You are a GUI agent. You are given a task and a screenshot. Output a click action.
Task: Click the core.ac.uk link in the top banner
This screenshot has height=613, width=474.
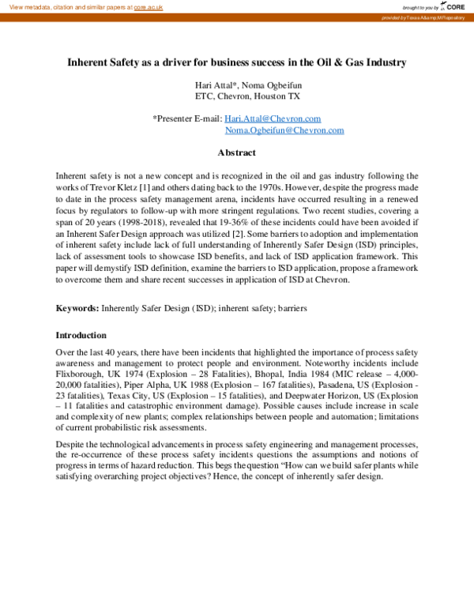(x=148, y=6)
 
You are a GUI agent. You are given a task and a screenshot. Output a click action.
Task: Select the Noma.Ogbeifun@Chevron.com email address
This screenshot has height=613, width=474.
(x=284, y=130)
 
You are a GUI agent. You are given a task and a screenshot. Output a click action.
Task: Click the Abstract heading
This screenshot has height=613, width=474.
(x=236, y=152)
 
